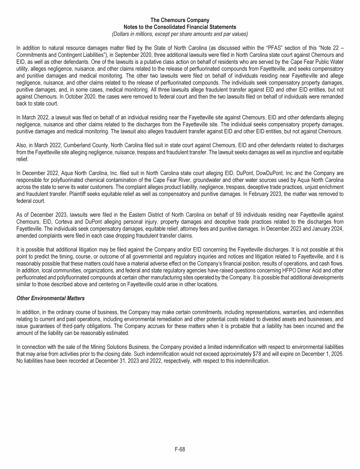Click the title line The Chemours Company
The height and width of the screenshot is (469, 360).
(x=180, y=20)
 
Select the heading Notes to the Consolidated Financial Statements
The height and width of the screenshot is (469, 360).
(x=180, y=27)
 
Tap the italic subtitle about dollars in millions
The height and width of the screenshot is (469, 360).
(x=180, y=34)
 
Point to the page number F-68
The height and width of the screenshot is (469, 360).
(x=180, y=449)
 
